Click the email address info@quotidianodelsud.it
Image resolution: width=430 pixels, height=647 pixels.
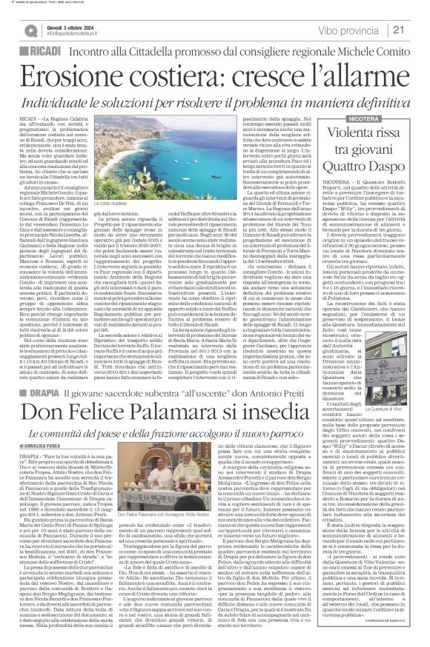[x=78, y=33]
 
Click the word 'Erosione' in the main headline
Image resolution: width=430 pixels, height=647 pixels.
[x=75, y=75]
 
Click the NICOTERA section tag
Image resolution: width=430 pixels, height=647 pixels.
[x=353, y=118]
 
